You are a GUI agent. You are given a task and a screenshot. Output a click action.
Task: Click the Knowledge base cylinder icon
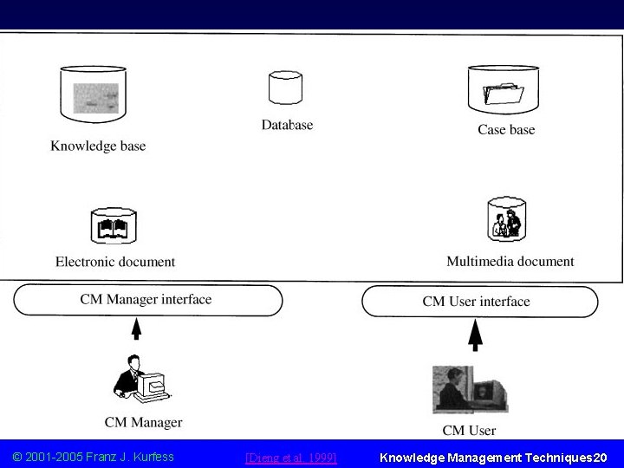point(96,93)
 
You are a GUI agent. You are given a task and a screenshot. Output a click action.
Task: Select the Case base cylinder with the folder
point(506,90)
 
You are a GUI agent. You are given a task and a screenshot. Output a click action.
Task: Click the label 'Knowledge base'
point(98,146)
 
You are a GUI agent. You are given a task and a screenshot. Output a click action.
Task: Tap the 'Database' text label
point(287,125)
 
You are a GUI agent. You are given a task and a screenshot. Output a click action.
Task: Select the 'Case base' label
point(506,130)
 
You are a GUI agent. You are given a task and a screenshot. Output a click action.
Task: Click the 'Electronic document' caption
point(115,261)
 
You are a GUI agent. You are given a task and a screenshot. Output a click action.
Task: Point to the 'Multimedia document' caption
point(510,261)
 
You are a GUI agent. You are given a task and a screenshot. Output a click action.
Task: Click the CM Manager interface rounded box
point(147,300)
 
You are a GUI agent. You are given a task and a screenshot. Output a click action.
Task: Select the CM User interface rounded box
point(479,302)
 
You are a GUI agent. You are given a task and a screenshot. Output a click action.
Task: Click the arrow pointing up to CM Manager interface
point(136,330)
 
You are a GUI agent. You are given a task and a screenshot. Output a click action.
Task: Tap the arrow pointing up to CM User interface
point(475,334)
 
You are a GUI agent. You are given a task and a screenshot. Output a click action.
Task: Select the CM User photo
point(470,388)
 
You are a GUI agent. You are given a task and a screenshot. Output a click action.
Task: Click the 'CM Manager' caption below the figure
point(143,423)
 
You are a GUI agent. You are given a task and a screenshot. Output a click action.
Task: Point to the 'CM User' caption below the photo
point(470,430)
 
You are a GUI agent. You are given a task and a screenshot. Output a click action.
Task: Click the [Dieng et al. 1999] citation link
point(291,457)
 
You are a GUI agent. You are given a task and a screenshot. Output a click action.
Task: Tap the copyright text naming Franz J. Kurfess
point(94,457)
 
